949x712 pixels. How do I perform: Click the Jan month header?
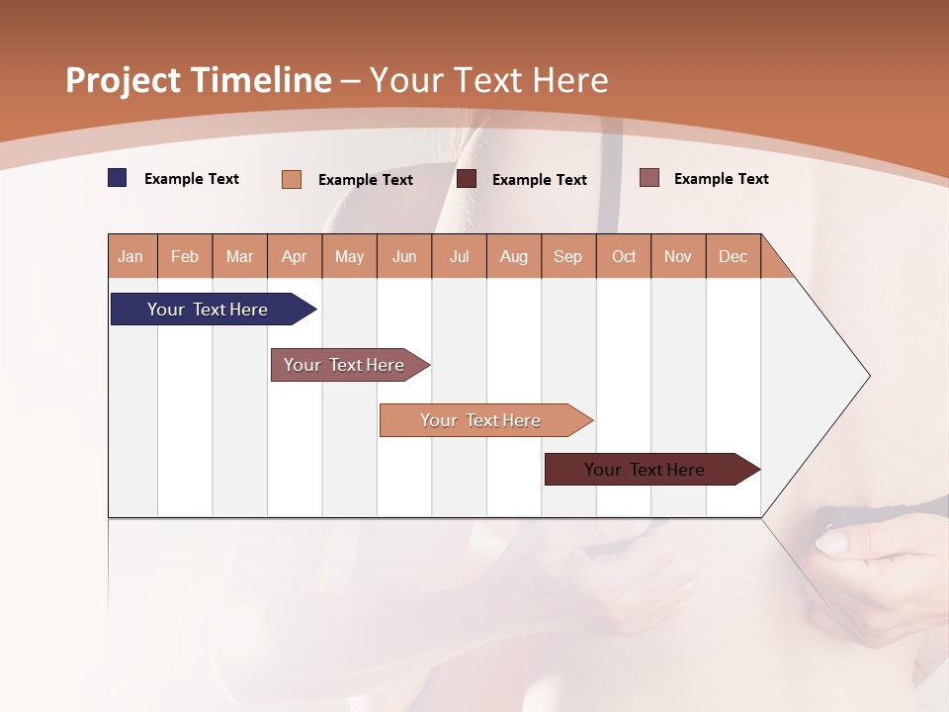point(131,257)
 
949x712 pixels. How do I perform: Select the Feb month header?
point(185,257)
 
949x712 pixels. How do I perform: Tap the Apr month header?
point(295,257)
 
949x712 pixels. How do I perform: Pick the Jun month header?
point(404,257)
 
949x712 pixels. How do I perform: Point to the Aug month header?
point(514,257)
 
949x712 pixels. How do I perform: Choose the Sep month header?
point(568,257)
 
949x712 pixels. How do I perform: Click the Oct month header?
point(624,257)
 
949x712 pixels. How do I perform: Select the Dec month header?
point(733,257)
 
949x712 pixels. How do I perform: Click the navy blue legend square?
point(118,178)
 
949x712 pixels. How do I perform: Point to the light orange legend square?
point(292,179)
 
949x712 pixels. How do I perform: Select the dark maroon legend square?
point(467,179)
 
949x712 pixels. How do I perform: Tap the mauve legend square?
point(648,178)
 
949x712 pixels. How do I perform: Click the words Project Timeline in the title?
point(198,80)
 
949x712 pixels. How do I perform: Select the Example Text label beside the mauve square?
point(721,179)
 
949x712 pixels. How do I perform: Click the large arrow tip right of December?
point(820,376)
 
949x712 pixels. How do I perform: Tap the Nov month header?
point(678,257)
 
